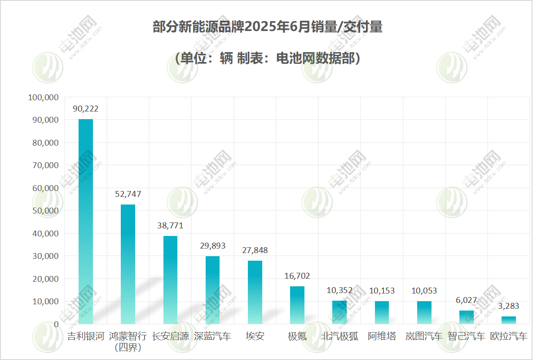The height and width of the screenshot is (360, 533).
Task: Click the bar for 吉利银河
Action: click(x=86, y=221)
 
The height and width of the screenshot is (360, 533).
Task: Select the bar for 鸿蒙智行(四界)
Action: click(x=128, y=264)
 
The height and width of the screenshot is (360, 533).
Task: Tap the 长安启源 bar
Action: click(x=170, y=280)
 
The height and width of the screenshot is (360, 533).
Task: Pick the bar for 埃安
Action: click(x=255, y=292)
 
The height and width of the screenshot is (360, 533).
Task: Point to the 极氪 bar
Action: click(x=297, y=305)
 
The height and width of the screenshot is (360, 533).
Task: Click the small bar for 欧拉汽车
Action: click(x=508, y=320)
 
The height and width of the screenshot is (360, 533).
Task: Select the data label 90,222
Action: click(x=86, y=109)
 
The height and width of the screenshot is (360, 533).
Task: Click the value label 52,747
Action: click(x=128, y=194)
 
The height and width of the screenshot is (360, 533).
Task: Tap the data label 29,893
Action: click(x=212, y=246)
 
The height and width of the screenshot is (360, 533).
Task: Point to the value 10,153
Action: click(x=382, y=291)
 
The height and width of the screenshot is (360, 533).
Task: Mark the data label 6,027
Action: click(x=466, y=300)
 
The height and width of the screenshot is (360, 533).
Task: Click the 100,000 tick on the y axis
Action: click(x=43, y=97)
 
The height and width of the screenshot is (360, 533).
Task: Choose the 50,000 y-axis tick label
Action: click(x=45, y=211)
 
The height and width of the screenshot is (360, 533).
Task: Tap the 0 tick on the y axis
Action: click(x=56, y=324)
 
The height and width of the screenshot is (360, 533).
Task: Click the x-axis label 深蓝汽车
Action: click(x=212, y=336)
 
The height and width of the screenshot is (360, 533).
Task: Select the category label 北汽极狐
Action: click(x=339, y=336)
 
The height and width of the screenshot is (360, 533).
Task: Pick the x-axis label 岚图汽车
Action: click(x=424, y=336)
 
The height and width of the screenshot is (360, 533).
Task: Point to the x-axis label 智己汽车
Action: click(x=466, y=336)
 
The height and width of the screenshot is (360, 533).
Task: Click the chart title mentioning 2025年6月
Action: click(x=267, y=27)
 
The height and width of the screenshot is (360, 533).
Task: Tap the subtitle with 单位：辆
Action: click(x=267, y=58)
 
